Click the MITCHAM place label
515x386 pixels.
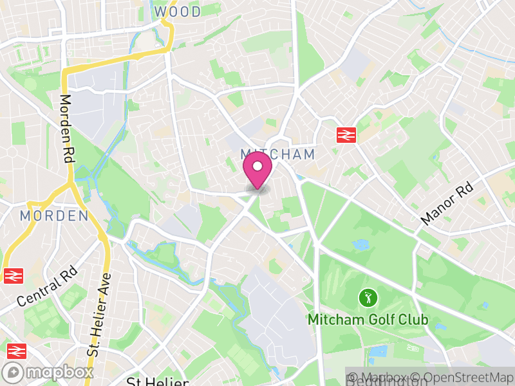point(278,154)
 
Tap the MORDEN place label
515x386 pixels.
point(54,216)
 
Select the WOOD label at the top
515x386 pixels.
point(177,12)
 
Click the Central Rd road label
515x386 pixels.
point(47,284)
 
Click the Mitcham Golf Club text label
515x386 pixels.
point(368,319)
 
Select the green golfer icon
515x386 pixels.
point(368,298)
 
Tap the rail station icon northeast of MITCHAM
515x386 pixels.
point(346,134)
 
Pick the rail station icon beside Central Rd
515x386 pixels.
point(11,275)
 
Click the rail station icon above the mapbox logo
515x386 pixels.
point(15,351)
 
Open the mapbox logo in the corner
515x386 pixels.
point(48,372)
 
